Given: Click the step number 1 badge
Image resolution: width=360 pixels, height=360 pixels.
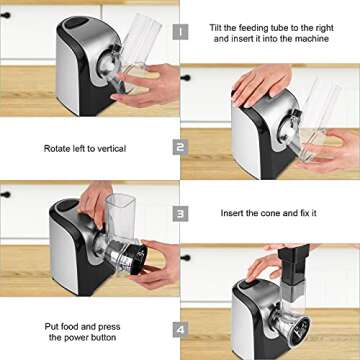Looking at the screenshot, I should [180, 32].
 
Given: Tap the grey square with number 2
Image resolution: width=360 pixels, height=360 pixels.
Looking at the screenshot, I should [180, 146].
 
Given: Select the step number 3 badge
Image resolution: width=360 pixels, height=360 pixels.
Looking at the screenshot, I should [180, 213].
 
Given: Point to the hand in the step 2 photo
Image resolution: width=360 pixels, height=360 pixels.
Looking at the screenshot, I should [262, 84].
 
